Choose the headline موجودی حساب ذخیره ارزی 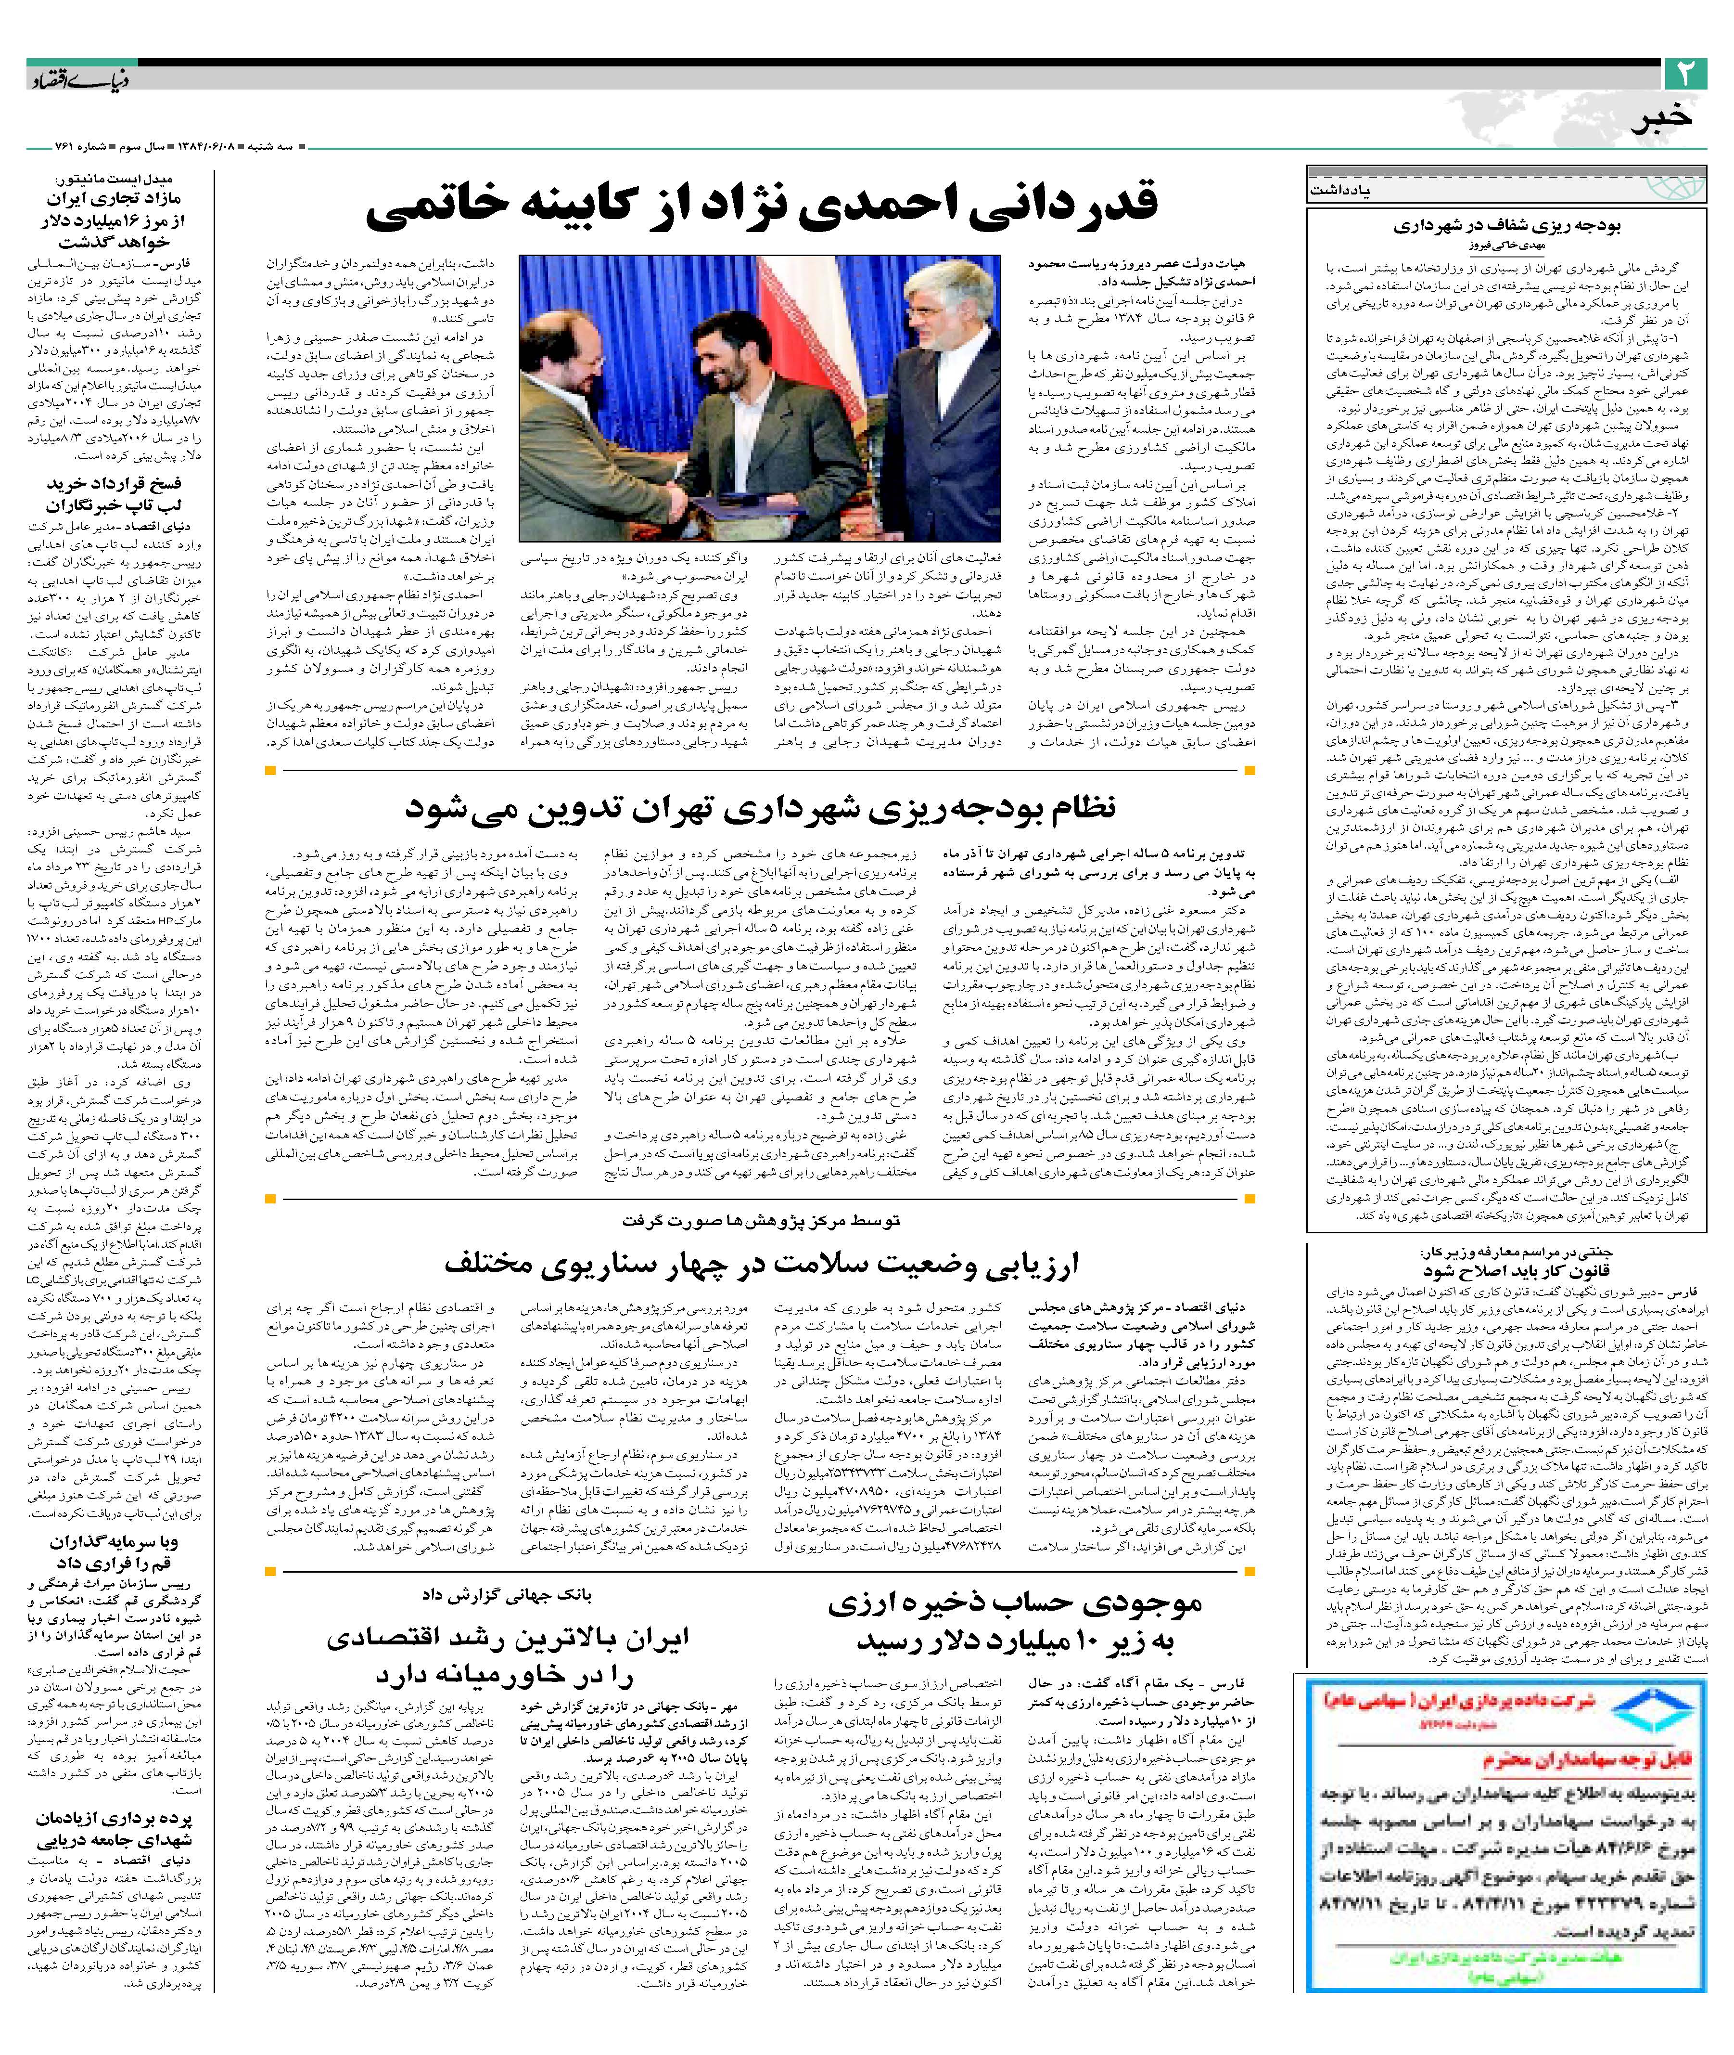(x=1014, y=1603)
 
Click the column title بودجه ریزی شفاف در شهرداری (x=1506, y=226)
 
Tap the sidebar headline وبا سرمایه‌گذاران (x=114, y=1542)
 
